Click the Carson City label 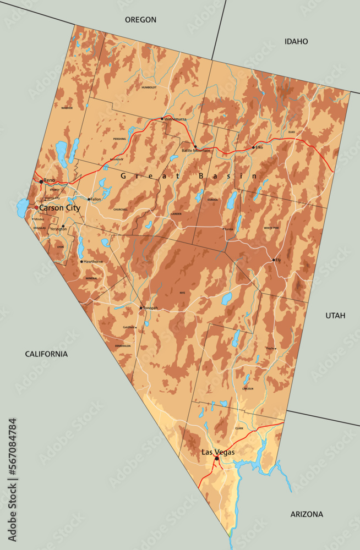click(59, 208)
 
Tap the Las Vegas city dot click(217, 458)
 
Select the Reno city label click(50, 180)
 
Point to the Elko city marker click(254, 147)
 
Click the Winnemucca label click(176, 119)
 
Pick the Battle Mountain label click(196, 151)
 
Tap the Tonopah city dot click(141, 308)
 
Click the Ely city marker click(274, 260)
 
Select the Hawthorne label click(94, 262)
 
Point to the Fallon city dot click(89, 199)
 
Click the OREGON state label click(140, 20)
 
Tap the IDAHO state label click(296, 41)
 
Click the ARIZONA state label click(307, 514)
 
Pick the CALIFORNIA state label click(46, 354)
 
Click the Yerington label click(58, 229)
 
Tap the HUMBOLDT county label click(149, 87)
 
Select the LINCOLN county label click(248, 389)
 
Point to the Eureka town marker click(223, 229)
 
